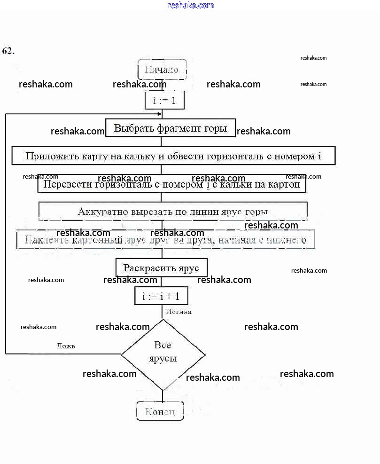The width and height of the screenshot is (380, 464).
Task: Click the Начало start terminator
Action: pyautogui.click(x=162, y=70)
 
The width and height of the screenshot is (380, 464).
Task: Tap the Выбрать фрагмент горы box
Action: pyautogui.click(x=170, y=128)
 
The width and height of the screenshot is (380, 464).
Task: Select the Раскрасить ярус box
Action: pyautogui.click(x=161, y=268)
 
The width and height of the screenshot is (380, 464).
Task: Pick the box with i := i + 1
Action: pyautogui.click(x=161, y=296)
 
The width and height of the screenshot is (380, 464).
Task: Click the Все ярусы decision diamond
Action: pyautogui.click(x=163, y=353)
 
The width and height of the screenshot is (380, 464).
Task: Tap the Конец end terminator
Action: pyautogui.click(x=160, y=411)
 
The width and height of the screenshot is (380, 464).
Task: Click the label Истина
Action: pyautogui.click(x=178, y=312)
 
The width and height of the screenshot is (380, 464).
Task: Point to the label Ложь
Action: pyautogui.click(x=66, y=346)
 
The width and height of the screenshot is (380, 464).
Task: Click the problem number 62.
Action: pyautogui.click(x=8, y=51)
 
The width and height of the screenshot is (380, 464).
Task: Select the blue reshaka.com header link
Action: pyautogui.click(x=190, y=5)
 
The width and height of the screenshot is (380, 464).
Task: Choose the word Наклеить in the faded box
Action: pyautogui.click(x=44, y=240)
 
